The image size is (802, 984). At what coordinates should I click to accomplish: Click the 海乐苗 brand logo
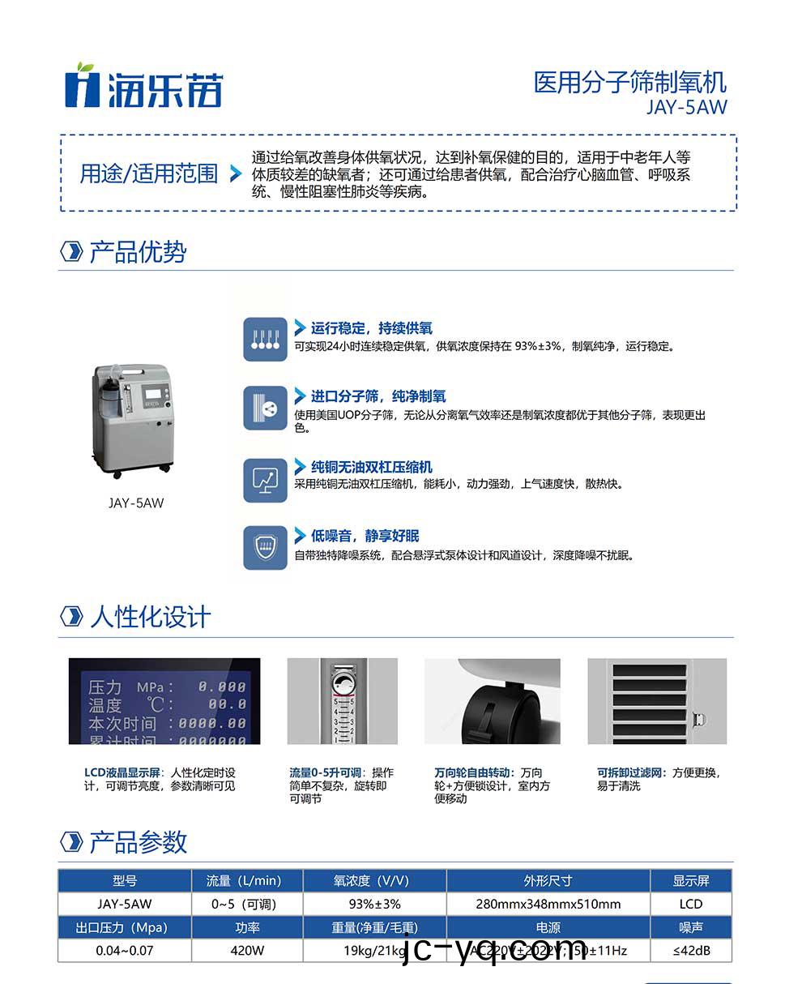coord(143,86)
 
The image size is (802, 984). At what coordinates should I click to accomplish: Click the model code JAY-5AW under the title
coord(686,107)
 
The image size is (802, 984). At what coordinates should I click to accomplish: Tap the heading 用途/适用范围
coord(148,173)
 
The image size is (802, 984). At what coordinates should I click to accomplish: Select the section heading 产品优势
coord(137,252)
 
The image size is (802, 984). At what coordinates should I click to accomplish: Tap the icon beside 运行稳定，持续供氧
coord(266,339)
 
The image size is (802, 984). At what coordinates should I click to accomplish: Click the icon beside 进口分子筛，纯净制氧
coord(266,408)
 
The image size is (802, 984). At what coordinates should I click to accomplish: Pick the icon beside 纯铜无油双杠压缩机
coord(266,479)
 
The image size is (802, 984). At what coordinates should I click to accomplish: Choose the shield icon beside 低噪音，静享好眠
coord(266,548)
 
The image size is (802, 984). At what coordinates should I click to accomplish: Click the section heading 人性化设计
coord(150,617)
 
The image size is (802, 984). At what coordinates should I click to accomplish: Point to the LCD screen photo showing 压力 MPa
coord(164,701)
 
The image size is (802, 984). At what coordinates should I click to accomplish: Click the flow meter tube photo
coord(342,701)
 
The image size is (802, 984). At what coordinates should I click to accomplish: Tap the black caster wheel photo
coord(493,701)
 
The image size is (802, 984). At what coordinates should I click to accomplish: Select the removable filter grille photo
coord(657,701)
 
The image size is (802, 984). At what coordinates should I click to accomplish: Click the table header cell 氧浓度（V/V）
coord(374,881)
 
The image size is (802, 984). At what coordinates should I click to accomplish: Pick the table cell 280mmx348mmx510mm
coord(548,904)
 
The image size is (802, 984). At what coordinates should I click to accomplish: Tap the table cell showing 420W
coord(247,951)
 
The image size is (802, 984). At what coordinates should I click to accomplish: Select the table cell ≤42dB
coord(691,951)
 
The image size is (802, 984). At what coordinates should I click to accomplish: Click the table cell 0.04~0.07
coord(124,951)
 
